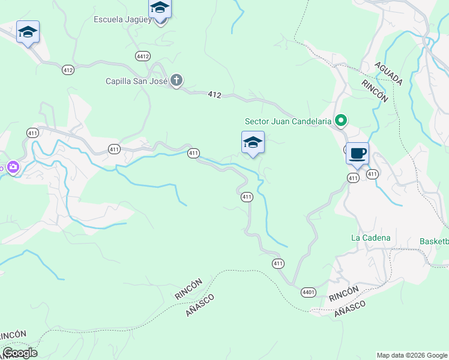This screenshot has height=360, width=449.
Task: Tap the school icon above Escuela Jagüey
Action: click(x=160, y=8)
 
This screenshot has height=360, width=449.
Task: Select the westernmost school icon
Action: click(x=28, y=32)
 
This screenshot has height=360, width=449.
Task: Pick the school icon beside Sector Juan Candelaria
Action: click(x=253, y=143)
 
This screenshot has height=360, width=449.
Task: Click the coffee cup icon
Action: click(x=357, y=153)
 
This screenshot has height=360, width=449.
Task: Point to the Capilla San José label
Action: click(x=136, y=81)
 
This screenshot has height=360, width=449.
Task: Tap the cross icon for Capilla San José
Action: click(x=176, y=80)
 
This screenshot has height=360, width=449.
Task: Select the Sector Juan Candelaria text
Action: click(x=288, y=121)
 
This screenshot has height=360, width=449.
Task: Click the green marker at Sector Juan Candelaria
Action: click(x=340, y=121)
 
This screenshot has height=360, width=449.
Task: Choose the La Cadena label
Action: click(x=370, y=238)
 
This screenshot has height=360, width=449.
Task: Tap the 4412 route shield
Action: click(x=142, y=56)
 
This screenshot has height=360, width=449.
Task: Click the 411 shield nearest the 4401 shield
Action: click(x=277, y=263)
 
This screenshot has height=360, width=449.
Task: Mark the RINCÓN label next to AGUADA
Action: click(x=375, y=90)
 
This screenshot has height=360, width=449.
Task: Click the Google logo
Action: click(x=20, y=352)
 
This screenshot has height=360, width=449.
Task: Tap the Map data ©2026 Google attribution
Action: click(x=412, y=355)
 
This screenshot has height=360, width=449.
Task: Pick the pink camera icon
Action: click(x=12, y=169)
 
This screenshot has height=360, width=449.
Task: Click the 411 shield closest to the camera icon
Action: click(x=32, y=132)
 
